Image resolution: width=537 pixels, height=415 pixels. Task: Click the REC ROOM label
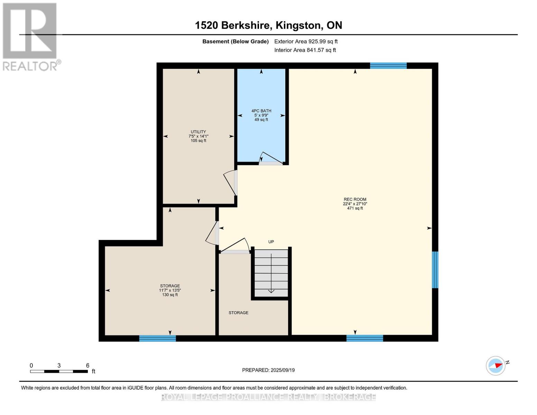tap(355, 199)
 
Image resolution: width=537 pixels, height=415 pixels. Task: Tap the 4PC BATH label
tap(261, 111)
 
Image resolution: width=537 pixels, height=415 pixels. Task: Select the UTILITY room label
tap(198, 132)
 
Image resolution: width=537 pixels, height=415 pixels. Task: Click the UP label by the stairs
tap(271, 242)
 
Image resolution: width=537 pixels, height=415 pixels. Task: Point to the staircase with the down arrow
tap(271, 273)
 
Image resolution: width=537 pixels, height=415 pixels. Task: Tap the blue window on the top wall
tap(388, 66)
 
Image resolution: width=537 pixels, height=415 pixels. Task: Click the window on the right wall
tap(435, 270)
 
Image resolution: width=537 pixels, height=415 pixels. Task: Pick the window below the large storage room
tap(157, 338)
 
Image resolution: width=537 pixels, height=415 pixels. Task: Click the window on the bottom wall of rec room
tap(364, 338)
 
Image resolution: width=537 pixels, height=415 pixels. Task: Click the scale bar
tap(59, 371)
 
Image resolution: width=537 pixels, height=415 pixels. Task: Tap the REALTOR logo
tap(30, 36)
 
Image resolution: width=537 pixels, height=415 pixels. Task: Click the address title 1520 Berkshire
tap(268, 25)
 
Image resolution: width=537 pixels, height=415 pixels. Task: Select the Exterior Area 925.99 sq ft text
tap(306, 41)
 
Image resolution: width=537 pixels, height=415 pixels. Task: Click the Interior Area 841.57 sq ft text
tap(305, 50)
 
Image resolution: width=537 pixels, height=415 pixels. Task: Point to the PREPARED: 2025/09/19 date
tap(268, 370)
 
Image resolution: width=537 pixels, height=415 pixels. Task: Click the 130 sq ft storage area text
tap(170, 295)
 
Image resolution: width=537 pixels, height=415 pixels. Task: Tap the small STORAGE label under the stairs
tap(238, 313)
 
